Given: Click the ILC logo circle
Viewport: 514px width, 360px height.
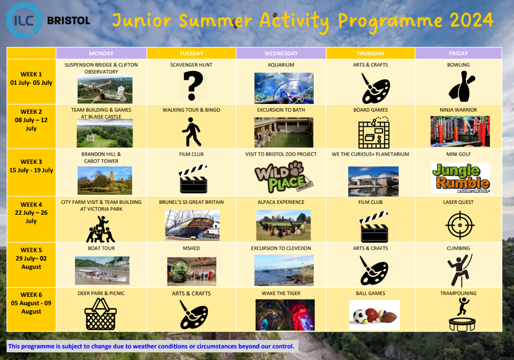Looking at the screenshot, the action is (x=24, y=20).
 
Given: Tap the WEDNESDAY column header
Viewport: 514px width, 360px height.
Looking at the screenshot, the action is (x=281, y=54).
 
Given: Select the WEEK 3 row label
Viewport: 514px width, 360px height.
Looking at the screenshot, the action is (x=31, y=166).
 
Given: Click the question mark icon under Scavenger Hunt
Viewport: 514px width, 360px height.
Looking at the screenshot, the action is (x=193, y=86).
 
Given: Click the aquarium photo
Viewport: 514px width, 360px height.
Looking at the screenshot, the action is (x=284, y=88).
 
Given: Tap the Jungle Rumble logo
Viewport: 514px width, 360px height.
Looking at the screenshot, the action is (x=460, y=178).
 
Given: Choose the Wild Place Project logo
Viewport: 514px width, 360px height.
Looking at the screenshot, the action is (x=284, y=177).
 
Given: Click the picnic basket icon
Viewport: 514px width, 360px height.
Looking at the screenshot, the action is (x=101, y=314).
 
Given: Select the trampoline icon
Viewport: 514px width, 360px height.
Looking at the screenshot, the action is (x=462, y=315).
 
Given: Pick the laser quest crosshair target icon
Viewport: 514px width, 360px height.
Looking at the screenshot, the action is (x=460, y=225).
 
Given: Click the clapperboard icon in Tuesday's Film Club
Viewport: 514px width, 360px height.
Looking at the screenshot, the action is (x=193, y=179).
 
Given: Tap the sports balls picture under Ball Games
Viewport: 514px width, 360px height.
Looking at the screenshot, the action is (x=374, y=315).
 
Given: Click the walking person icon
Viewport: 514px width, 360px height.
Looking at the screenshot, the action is (x=192, y=132).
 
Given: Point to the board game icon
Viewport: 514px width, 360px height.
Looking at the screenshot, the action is (x=374, y=133).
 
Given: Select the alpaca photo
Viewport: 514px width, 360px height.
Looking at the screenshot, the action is (x=283, y=226).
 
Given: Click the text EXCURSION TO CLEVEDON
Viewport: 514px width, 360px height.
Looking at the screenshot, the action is (x=281, y=248).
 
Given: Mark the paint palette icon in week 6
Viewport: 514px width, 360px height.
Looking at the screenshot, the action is (x=194, y=315).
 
